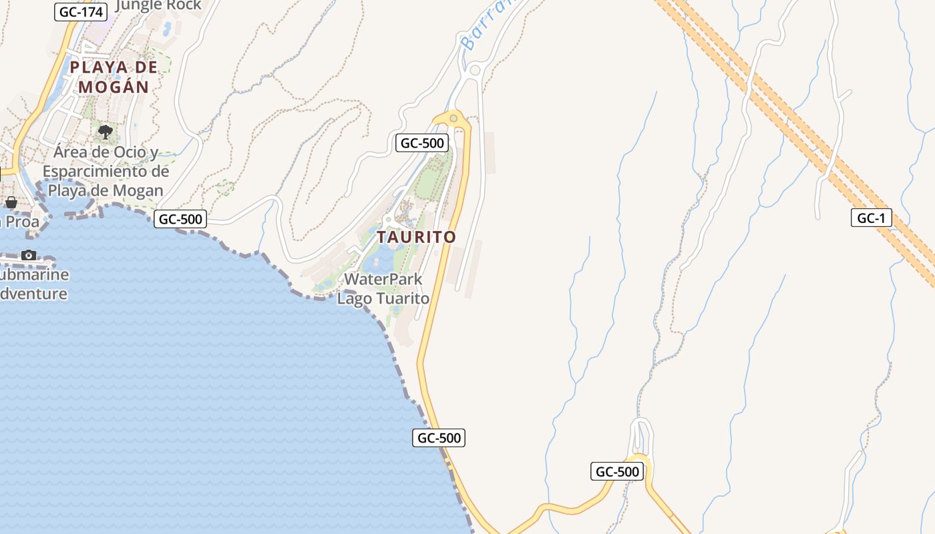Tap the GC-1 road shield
click(x=871, y=218)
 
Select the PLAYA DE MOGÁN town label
click(x=114, y=77)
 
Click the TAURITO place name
click(x=416, y=237)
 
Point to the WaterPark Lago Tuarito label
click(x=383, y=288)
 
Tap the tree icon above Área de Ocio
click(x=105, y=131)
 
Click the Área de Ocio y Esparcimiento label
click(x=106, y=172)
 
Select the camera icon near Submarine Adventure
click(x=29, y=255)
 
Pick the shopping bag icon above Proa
click(x=11, y=202)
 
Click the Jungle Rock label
click(x=158, y=6)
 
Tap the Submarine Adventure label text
click(x=33, y=284)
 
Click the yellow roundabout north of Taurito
click(x=454, y=119)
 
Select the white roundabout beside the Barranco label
click(x=475, y=70)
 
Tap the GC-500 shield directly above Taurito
click(x=421, y=143)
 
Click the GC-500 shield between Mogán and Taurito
click(x=180, y=219)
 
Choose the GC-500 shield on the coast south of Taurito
click(x=439, y=438)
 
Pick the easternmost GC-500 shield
click(x=617, y=471)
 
